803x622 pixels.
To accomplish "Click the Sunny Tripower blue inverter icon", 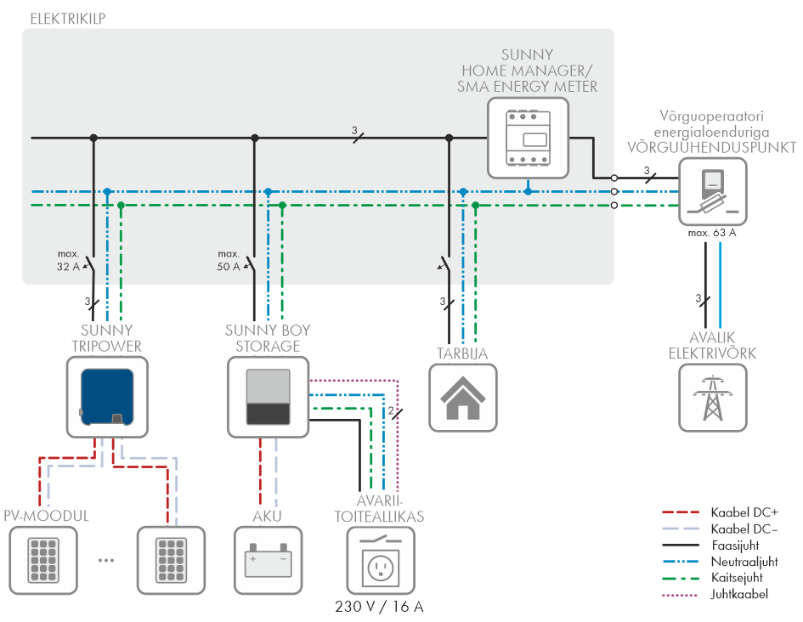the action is (x=107, y=398).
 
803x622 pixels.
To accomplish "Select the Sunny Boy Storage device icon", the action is (x=268, y=398).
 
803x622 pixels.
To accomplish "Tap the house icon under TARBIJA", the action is (x=463, y=398).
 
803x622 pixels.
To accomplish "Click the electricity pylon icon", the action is (x=712, y=398).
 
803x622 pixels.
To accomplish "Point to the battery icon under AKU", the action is (x=268, y=561).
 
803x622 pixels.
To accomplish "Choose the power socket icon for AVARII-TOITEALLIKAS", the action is (x=381, y=561).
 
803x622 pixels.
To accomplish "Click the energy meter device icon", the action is (x=528, y=139).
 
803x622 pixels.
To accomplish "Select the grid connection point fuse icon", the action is (x=712, y=191).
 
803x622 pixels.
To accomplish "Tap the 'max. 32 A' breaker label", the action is (x=68, y=260).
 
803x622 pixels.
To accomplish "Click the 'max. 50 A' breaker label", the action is (x=229, y=260).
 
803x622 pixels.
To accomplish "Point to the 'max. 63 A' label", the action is (x=712, y=233).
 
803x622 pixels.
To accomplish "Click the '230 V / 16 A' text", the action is (x=379, y=607).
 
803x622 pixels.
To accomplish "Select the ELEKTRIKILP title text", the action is (x=68, y=19).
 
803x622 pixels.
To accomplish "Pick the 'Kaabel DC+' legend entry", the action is (x=720, y=512).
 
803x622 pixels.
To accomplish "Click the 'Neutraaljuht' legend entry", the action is (x=720, y=562).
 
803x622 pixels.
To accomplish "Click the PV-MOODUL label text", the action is (x=46, y=516).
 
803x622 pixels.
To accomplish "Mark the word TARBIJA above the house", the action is (x=462, y=353).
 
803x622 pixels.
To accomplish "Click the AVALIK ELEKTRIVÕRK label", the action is (x=712, y=345).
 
